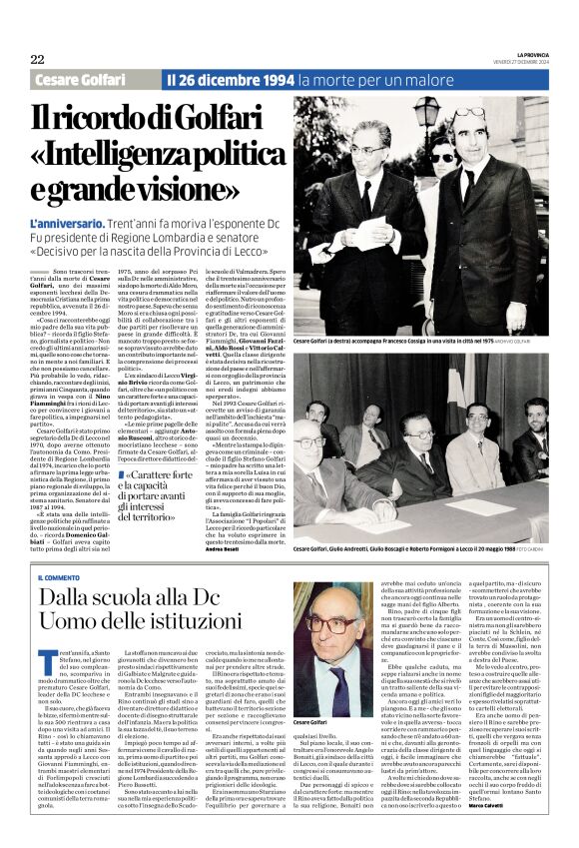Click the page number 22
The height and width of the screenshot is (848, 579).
(37, 60)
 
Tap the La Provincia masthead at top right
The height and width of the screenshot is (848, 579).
(528, 55)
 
